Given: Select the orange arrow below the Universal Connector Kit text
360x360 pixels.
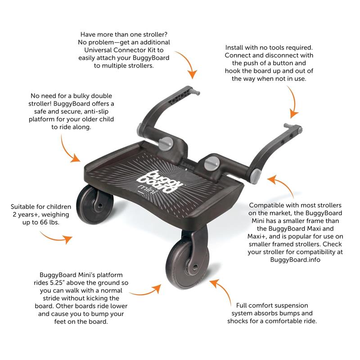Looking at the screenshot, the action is [187, 64].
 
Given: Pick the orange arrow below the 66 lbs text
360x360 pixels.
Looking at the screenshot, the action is [56, 238].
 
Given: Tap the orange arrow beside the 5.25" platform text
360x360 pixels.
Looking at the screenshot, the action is [145, 290].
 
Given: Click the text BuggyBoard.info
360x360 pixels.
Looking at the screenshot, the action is [295, 260].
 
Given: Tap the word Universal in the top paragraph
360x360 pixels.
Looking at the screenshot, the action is [98, 50].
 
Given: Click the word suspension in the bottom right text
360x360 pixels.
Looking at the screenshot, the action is [289, 306].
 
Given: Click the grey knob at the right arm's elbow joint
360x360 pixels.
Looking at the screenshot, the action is [256, 176].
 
